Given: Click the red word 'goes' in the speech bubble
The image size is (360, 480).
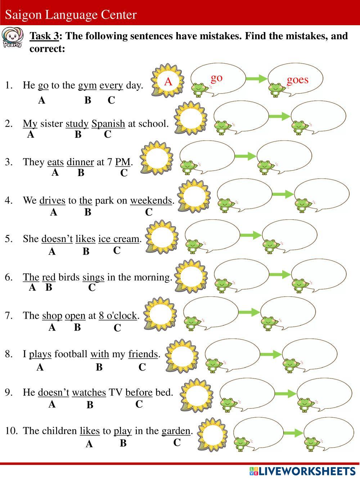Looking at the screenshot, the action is [x=297, y=80].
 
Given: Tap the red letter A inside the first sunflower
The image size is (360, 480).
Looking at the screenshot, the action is [x=168, y=81].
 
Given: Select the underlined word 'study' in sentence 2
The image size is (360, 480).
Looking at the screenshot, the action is [x=77, y=124].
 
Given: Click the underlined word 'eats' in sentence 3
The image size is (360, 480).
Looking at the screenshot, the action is [x=55, y=162].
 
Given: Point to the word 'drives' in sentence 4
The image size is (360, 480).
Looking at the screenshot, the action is [x=52, y=201].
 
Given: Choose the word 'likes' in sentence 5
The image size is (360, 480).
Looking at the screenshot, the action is [x=85, y=239].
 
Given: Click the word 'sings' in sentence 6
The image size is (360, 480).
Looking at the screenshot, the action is [x=93, y=277].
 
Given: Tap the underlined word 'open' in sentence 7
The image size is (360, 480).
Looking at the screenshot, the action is [x=75, y=316].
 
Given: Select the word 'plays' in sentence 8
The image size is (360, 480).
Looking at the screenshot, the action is [x=40, y=354].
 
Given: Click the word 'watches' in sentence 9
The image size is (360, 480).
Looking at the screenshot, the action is [x=89, y=392].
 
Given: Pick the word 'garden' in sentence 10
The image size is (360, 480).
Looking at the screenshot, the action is [x=176, y=431].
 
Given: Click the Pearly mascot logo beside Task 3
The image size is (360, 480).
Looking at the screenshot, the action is [x=12, y=37].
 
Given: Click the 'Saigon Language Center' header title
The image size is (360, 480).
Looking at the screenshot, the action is [x=71, y=15].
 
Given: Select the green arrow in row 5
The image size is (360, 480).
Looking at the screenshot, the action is [x=251, y=235].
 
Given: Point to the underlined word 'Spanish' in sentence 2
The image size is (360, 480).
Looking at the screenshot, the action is [x=108, y=124].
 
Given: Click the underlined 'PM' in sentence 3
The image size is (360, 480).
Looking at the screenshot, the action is [x=122, y=162].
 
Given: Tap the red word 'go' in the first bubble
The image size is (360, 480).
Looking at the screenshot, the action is [x=216, y=77].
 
